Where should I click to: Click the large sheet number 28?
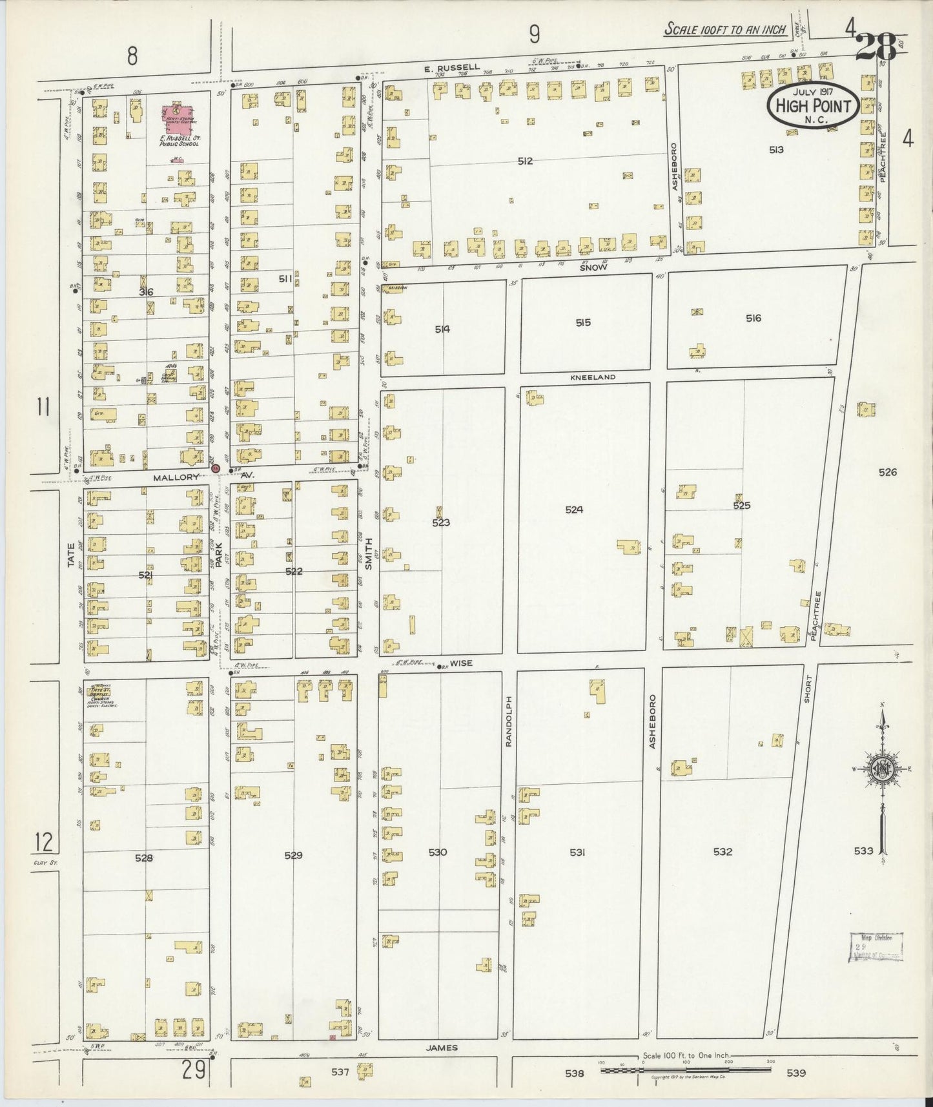pyautogui.click(x=876, y=47)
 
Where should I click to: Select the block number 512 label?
pyautogui.click(x=525, y=161)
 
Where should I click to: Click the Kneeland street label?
pyautogui.click(x=593, y=377)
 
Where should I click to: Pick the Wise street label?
pyautogui.click(x=461, y=663)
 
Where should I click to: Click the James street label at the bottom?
pyautogui.click(x=442, y=1048)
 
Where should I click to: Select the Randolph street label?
pyautogui.click(x=508, y=721)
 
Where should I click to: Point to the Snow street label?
pyautogui.click(x=593, y=267)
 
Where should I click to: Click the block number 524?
pyautogui.click(x=574, y=510)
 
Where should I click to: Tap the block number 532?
pyautogui.click(x=723, y=852)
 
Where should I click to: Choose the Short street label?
pyautogui.click(x=808, y=689)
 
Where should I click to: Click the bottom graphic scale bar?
pyautogui.click(x=686, y=1070)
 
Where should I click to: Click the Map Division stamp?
pyautogui.click(x=876, y=947)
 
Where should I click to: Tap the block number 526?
pyautogui.click(x=887, y=472)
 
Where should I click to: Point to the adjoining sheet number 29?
pyautogui.click(x=194, y=1070)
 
